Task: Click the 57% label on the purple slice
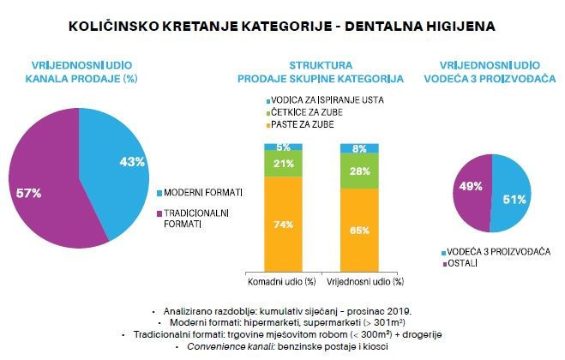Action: (x=28, y=194)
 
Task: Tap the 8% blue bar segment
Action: (x=360, y=148)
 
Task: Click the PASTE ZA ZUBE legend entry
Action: (x=304, y=125)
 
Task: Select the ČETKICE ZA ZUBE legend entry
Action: (x=309, y=112)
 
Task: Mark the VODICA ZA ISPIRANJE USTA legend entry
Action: (x=326, y=100)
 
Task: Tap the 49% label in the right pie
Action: (x=471, y=186)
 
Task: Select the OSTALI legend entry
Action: (x=461, y=262)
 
